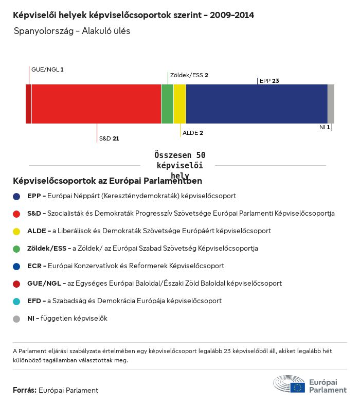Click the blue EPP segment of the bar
pyautogui.click(x=257, y=104)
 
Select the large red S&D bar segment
pyautogui.click(x=96, y=104)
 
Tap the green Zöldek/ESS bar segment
pyautogui.click(x=167, y=104)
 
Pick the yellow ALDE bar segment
pyautogui.click(x=179, y=104)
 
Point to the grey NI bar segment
pyautogui.click(x=331, y=104)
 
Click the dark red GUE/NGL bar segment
pyautogui.click(x=28, y=104)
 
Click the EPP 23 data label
pyautogui.click(x=269, y=81)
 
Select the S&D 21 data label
pyautogui.click(x=109, y=138)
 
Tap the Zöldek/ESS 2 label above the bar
pyautogui.click(x=189, y=75)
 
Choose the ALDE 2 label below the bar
pyautogui.click(x=193, y=133)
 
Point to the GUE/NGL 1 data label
pyautogui.click(x=47, y=69)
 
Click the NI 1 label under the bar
pyautogui.click(x=325, y=127)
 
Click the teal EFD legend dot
pyautogui.click(x=16, y=301)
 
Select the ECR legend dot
pyautogui.click(x=16, y=266)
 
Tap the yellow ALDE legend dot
pyautogui.click(x=16, y=231)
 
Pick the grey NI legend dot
pyautogui.click(x=16, y=319)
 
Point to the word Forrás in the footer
pyautogui.click(x=24, y=390)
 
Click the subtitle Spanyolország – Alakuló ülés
pyautogui.click(x=72, y=31)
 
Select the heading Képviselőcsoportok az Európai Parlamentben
pyautogui.click(x=107, y=181)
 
